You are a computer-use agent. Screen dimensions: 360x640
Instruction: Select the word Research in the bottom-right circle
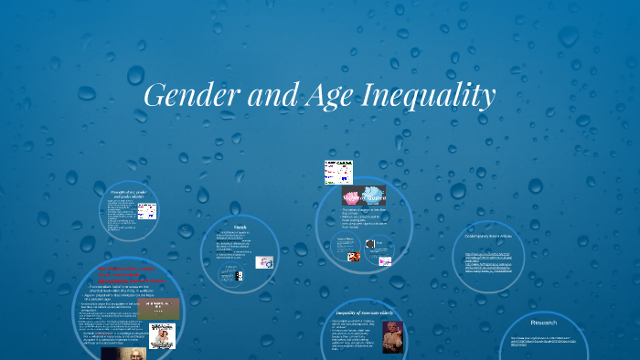pyautogui.click(x=544, y=323)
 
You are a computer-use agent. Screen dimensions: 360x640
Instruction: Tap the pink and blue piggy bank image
pyautogui.click(x=363, y=196)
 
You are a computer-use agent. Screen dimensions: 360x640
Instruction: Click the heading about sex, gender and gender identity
pyautogui.click(x=129, y=194)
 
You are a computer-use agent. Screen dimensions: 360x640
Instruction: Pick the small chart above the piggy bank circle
pyautogui.click(x=336, y=172)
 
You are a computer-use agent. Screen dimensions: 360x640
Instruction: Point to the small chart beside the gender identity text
pyautogui.click(x=146, y=212)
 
